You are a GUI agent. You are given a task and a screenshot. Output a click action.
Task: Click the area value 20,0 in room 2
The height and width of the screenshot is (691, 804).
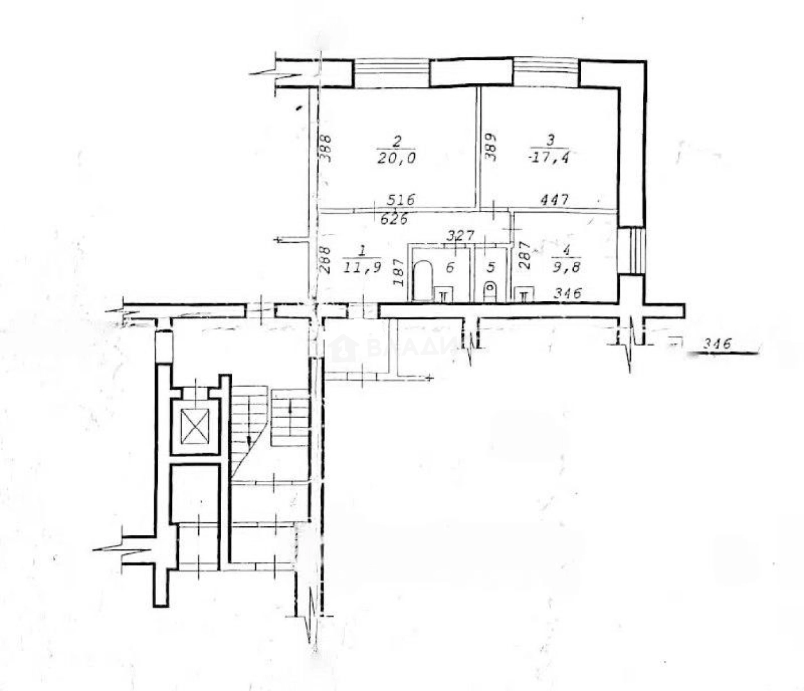397,158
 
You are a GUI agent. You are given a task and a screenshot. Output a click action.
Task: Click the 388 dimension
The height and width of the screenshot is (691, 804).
325,147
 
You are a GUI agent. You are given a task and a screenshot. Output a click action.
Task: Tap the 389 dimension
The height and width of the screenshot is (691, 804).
490,147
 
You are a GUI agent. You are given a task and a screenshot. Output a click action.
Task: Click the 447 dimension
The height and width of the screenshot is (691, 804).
553,200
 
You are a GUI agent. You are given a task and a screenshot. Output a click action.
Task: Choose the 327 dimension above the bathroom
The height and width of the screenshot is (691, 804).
460,235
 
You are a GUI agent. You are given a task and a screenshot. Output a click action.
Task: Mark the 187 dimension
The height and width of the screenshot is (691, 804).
397,272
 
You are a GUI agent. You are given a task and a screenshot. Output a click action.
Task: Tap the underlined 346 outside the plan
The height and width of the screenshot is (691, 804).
717,344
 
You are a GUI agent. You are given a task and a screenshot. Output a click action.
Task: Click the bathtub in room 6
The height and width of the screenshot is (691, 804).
422,280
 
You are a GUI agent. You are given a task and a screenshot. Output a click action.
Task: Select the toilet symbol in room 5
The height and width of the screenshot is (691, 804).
490,290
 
